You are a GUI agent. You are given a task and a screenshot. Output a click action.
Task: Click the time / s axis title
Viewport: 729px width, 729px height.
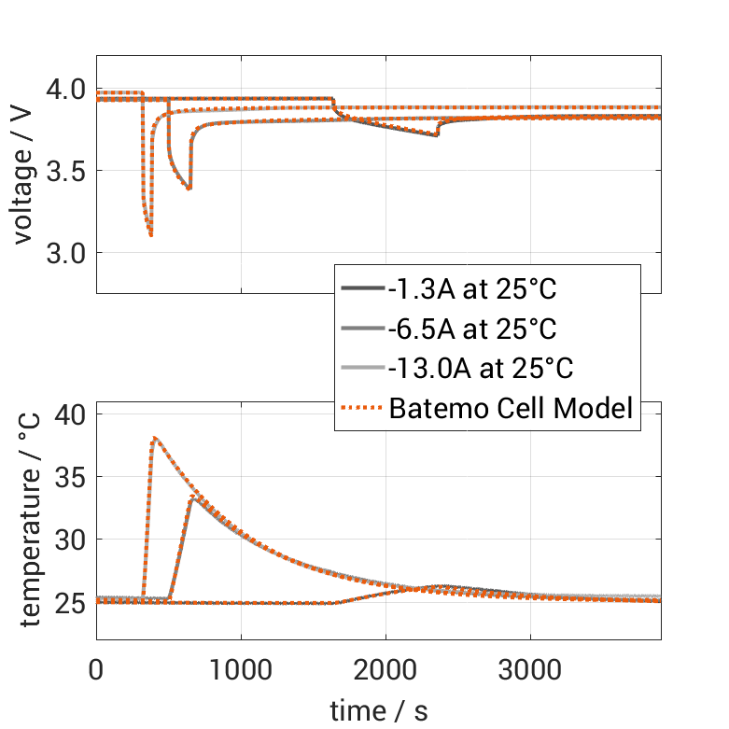(379, 711)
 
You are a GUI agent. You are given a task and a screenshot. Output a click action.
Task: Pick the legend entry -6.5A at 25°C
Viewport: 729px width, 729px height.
(472, 329)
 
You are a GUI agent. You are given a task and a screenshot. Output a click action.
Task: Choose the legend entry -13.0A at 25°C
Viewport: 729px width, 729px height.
(480, 369)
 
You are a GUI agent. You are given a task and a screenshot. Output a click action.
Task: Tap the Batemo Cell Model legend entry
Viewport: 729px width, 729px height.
(512, 408)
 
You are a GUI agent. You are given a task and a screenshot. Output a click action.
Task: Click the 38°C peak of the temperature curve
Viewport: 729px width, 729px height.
(154, 438)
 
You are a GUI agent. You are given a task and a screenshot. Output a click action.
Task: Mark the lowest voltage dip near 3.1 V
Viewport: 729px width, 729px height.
(151, 235)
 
